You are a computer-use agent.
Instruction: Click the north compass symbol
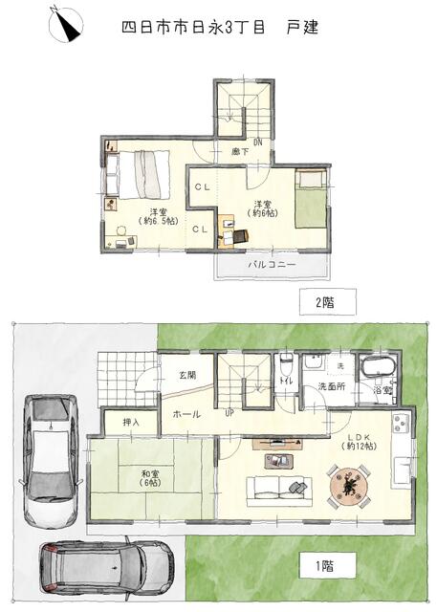coord(66,24)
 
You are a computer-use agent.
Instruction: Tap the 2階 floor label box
coord(328,302)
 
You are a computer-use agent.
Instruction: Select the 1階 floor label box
coord(328,566)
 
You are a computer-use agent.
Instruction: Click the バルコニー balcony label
coord(273,265)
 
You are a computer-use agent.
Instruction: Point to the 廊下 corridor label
coord(240,151)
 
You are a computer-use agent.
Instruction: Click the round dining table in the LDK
coord(349,486)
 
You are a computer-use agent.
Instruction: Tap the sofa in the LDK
coord(279,492)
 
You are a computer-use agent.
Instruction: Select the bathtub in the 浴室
coord(379,367)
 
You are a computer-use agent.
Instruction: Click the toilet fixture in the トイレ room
coord(286,364)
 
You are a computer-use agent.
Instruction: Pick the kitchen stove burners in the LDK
coord(402,424)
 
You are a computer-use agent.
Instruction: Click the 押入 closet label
coord(131,423)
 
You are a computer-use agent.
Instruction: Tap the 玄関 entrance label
coord(187,376)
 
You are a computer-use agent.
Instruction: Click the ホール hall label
coord(186,414)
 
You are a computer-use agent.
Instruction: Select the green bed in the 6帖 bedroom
coord(311,199)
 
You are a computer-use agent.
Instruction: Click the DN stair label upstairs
coord(258,142)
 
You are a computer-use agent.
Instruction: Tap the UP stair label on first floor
coord(229,412)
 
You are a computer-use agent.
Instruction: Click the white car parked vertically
coord(51,459)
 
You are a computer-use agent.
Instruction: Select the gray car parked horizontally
coord(105,565)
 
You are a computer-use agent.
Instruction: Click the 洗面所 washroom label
coord(332,387)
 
